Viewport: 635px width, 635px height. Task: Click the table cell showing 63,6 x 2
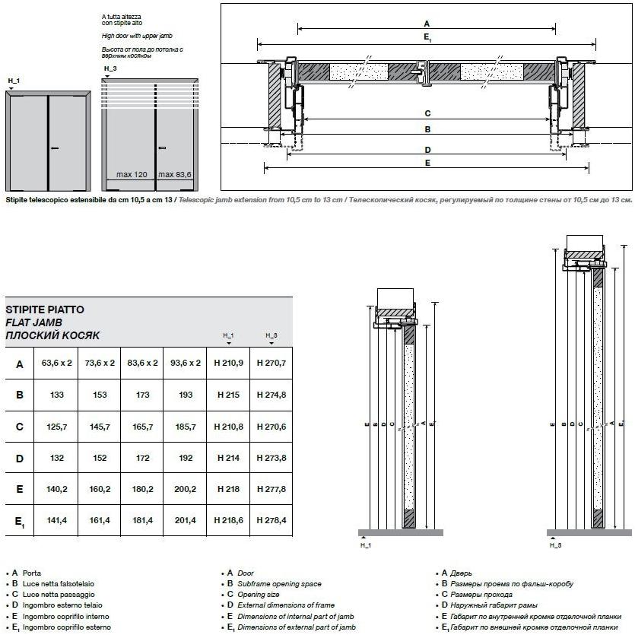tap(57, 364)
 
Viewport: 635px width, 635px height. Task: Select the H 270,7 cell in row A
tap(271, 364)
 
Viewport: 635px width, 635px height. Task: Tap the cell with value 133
tap(57, 395)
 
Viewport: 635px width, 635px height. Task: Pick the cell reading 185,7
tap(185, 427)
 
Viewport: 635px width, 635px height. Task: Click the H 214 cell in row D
tap(228, 459)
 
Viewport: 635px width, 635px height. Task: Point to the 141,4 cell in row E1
tap(57, 521)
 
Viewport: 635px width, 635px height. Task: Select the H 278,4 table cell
tap(271, 521)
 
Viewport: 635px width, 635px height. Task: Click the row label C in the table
tap(20, 427)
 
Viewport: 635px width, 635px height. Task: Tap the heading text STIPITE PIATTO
tap(45, 310)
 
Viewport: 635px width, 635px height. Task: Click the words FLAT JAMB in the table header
tap(34, 322)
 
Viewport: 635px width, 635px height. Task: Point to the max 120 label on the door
tap(132, 175)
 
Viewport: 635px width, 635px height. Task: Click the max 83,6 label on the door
tap(175, 175)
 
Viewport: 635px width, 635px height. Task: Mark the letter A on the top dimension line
tap(427, 24)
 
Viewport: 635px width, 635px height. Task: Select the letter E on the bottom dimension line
tap(427, 163)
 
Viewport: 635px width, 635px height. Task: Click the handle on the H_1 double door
tap(54, 148)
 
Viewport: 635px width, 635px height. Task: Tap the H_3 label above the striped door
tap(110, 68)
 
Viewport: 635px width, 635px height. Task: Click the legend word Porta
tap(32, 573)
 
